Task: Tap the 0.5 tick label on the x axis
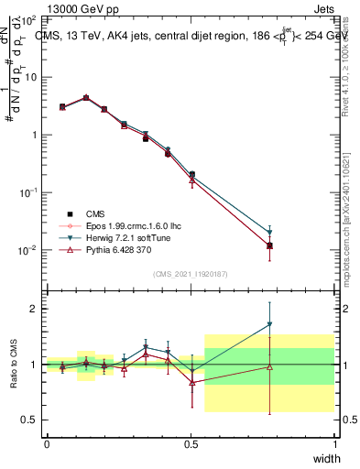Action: tap(191, 444)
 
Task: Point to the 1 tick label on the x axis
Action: tap(335, 444)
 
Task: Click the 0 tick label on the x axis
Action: tap(47, 444)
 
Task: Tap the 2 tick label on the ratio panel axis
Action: tap(34, 309)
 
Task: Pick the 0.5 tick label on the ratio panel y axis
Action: tap(30, 420)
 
